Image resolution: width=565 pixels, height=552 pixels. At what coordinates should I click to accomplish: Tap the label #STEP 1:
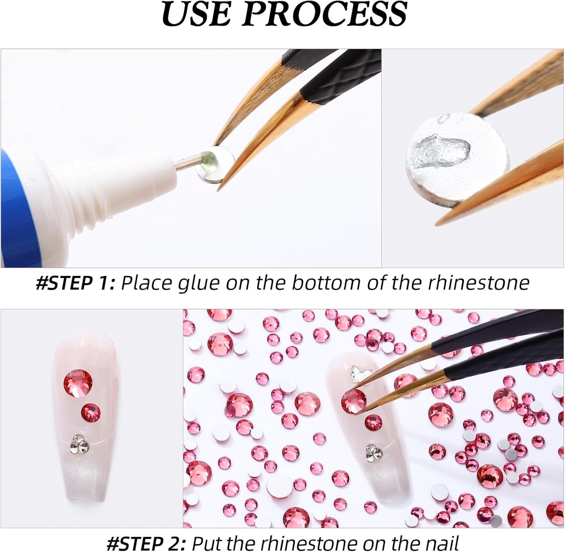pos(75,283)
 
